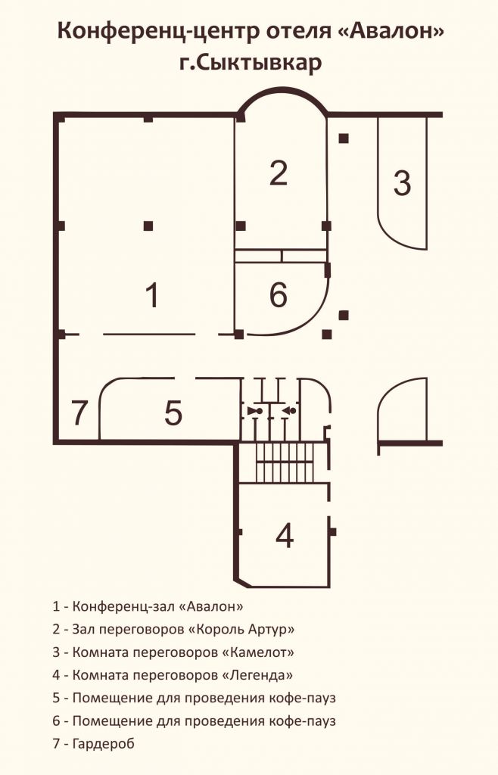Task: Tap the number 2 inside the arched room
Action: [x=279, y=173]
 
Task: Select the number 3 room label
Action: [x=402, y=182]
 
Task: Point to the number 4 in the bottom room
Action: [x=285, y=535]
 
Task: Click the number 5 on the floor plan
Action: [x=173, y=412]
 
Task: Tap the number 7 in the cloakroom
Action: [x=79, y=412]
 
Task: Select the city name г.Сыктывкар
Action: [x=251, y=64]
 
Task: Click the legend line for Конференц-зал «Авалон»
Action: [x=148, y=606]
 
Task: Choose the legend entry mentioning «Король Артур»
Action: [x=173, y=629]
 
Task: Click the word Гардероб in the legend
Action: [x=103, y=744]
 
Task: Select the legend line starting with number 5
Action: [x=195, y=698]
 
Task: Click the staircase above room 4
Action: [x=285, y=462]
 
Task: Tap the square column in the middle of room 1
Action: [x=148, y=226]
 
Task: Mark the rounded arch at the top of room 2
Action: [x=282, y=91]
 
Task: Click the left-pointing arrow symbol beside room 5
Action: [x=290, y=411]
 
